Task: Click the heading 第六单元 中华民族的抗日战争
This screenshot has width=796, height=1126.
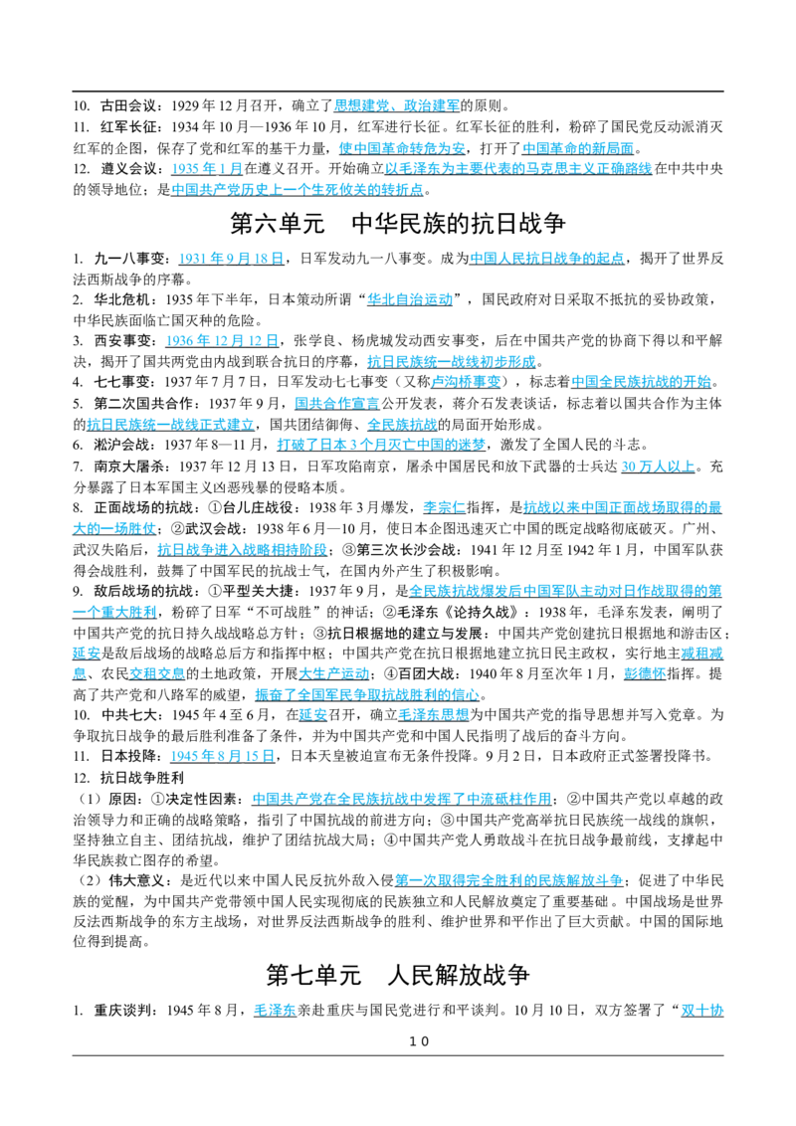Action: [398, 224]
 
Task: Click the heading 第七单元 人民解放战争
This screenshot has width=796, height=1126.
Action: [398, 975]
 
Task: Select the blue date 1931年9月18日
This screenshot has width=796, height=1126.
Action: [231, 259]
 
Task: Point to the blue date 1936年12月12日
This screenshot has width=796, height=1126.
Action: [222, 340]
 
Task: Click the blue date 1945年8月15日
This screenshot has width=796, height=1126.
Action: [223, 756]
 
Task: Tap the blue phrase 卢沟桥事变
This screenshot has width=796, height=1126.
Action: [466, 382]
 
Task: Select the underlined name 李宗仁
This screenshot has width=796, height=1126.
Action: [444, 507]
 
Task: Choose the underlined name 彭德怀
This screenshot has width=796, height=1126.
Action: [645, 673]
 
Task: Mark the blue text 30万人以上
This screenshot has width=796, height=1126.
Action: [658, 467]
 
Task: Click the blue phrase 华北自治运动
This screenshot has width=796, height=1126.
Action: [410, 299]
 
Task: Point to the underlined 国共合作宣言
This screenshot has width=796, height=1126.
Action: [337, 404]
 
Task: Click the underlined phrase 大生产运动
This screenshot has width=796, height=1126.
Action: [333, 673]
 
